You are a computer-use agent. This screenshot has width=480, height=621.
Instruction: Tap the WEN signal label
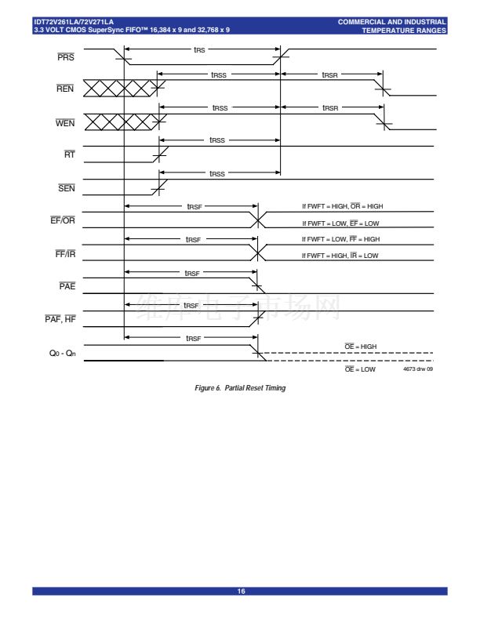click(65, 124)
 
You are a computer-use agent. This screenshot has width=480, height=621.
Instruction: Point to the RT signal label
click(69, 155)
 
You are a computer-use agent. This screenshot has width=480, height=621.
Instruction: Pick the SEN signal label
click(66, 188)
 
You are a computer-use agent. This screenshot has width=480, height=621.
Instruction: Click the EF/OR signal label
click(63, 220)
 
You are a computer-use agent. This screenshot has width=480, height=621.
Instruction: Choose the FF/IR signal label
click(64, 254)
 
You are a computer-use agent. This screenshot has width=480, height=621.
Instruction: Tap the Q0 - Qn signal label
click(62, 354)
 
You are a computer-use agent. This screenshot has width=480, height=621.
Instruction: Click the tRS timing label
click(200, 49)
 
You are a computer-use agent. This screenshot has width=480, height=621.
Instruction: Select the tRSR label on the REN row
click(330, 75)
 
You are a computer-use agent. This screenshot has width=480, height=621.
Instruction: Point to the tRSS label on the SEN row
click(217, 173)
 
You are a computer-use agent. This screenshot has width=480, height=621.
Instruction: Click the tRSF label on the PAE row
click(191, 273)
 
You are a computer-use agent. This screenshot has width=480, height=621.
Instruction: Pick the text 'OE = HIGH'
click(361, 346)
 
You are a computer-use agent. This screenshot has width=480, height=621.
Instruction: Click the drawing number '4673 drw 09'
click(417, 369)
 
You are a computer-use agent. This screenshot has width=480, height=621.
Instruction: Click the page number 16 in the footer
click(240, 591)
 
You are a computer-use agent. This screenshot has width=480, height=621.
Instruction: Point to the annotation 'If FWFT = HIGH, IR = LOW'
click(340, 256)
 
